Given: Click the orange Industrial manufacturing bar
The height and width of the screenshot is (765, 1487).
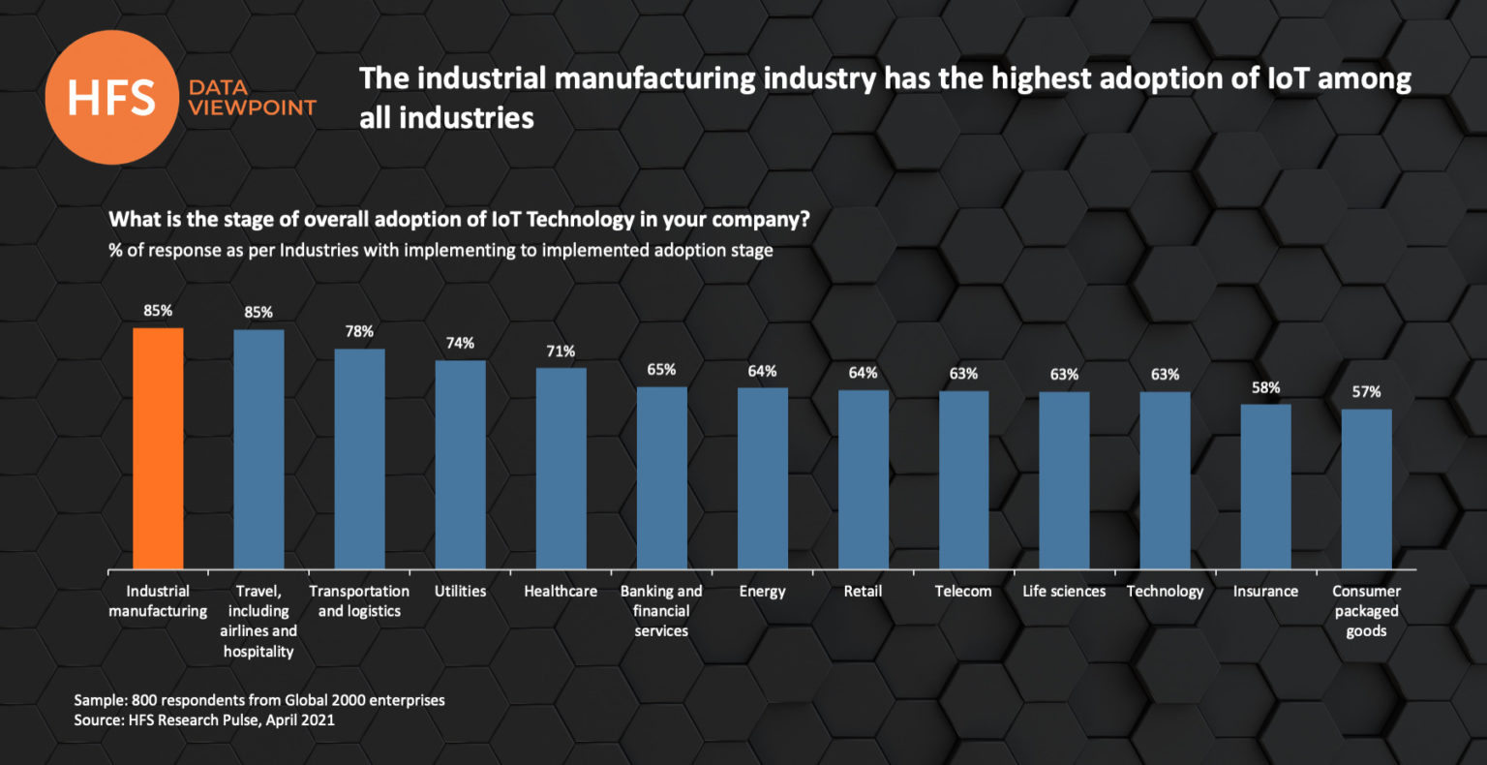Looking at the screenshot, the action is [158, 447].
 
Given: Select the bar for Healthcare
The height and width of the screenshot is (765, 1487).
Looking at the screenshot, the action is [561, 468].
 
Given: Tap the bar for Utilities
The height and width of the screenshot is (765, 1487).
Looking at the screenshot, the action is [460, 464].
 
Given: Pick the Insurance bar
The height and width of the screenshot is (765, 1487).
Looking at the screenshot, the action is [1265, 486].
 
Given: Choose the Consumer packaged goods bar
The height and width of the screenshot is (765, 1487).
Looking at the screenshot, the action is [1366, 488].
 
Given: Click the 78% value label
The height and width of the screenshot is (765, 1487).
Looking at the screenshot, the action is [359, 331].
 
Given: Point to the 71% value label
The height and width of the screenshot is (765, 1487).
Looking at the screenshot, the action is [561, 351].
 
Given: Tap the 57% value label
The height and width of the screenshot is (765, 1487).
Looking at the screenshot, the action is [1366, 392].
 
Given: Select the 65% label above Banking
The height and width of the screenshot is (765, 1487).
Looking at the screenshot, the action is [661, 370].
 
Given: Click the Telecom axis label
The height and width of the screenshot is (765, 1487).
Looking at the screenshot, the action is [963, 591].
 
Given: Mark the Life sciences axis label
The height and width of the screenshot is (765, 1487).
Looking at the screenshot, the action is [1064, 591].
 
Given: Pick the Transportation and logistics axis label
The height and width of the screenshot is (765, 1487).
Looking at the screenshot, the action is [359, 600].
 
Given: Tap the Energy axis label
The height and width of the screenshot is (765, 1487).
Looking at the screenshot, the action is [762, 591].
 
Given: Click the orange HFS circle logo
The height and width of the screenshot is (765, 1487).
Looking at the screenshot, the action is [112, 97].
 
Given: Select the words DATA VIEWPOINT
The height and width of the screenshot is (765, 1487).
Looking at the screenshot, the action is [252, 98].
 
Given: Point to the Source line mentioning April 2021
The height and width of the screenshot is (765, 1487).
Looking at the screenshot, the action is [204, 719].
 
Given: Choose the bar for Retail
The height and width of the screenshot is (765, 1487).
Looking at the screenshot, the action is [863, 478].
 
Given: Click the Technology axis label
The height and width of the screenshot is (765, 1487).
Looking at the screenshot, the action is [1165, 591].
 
